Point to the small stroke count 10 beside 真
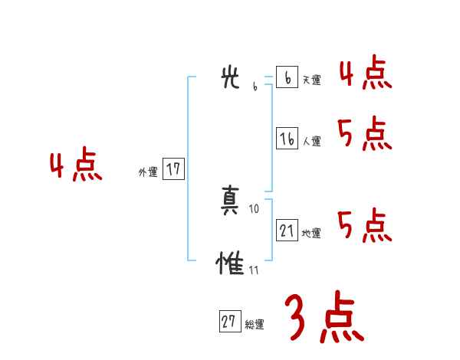pyautogui.click(x=255, y=208)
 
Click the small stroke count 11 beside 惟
pyautogui.click(x=254, y=270)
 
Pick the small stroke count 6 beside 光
pyautogui.click(x=255, y=87)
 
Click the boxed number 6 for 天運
pyautogui.click(x=287, y=77)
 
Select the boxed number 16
pyautogui.click(x=287, y=139)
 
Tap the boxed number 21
pyautogui.click(x=287, y=230)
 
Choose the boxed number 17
pyautogui.click(x=173, y=169)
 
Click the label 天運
pyautogui.click(x=311, y=80)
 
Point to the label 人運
pyautogui.click(x=311, y=141)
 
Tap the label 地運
pyautogui.click(x=311, y=233)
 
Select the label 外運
pyautogui.click(x=148, y=172)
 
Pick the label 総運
pyautogui.click(x=255, y=324)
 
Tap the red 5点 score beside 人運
pyautogui.click(x=365, y=135)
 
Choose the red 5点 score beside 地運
pyautogui.click(x=365, y=225)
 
